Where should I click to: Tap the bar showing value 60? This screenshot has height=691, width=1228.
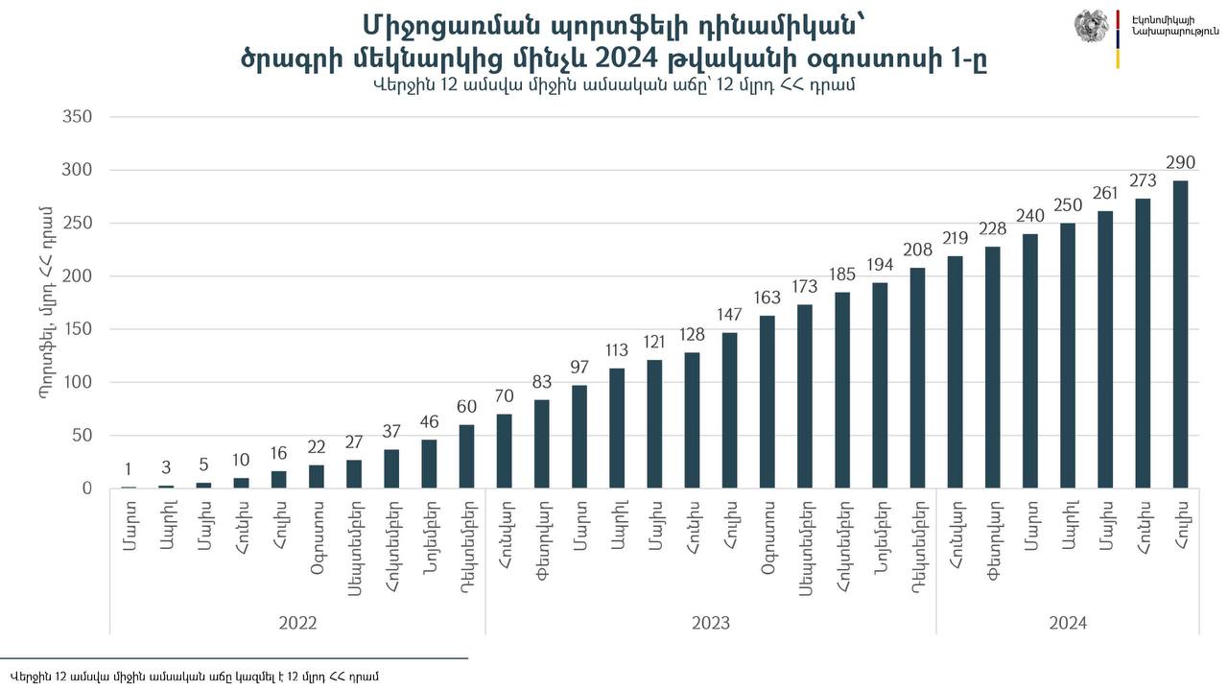(x=467, y=456)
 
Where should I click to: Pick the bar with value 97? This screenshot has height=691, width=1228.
(x=579, y=437)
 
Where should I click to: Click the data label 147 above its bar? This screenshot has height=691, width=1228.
(x=730, y=316)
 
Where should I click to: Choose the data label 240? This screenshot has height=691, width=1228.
(x=1030, y=217)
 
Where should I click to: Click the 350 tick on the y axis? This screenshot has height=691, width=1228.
(x=76, y=117)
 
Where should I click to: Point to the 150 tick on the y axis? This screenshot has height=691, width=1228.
(x=76, y=329)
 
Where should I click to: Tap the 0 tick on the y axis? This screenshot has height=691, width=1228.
(x=86, y=488)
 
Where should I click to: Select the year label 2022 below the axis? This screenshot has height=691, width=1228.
(x=297, y=623)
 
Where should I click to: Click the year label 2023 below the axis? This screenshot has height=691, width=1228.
(x=711, y=623)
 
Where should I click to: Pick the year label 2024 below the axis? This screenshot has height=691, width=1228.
(x=1068, y=623)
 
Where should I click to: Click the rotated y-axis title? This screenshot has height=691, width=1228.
(x=45, y=302)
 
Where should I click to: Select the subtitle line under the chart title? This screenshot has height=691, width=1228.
(x=614, y=84)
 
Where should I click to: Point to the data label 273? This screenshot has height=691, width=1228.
(x=1143, y=180)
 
